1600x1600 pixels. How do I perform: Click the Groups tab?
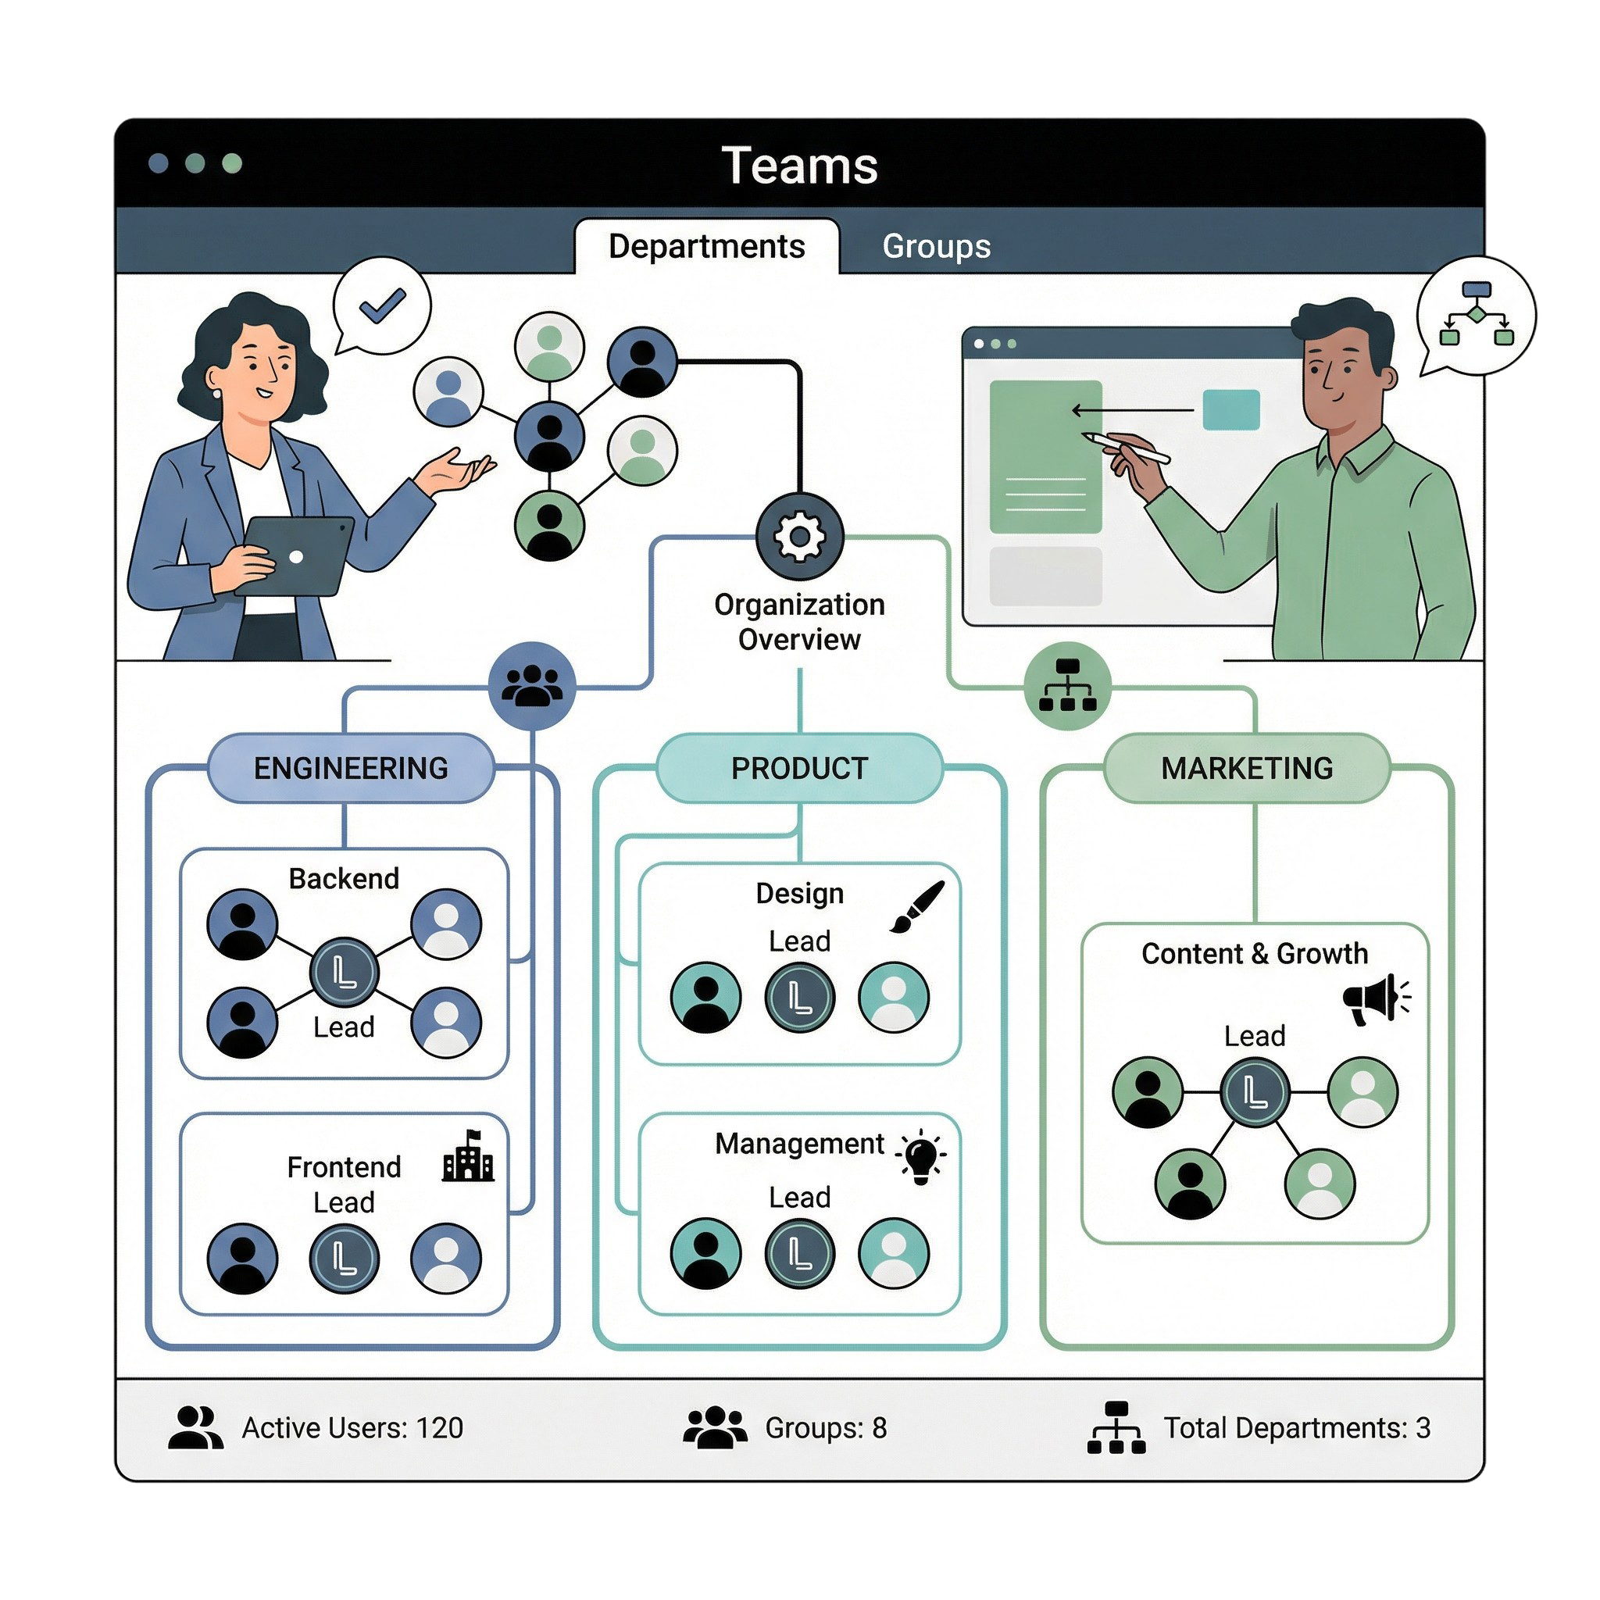pos(936,246)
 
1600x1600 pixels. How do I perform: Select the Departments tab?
pos(706,246)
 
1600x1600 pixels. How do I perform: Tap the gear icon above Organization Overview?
pos(799,537)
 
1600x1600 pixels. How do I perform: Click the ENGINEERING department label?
pos(350,768)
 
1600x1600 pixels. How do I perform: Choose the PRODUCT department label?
pos(799,768)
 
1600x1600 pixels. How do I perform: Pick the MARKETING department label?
pos(1246,768)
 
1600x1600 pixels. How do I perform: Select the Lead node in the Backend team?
pos(344,971)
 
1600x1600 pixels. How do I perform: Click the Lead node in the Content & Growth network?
pos(1255,1092)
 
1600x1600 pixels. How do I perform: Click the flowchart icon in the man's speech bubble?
pos(1476,314)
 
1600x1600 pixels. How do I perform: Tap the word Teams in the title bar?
pos(799,165)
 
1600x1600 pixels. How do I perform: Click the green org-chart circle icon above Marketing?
pos(1067,686)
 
